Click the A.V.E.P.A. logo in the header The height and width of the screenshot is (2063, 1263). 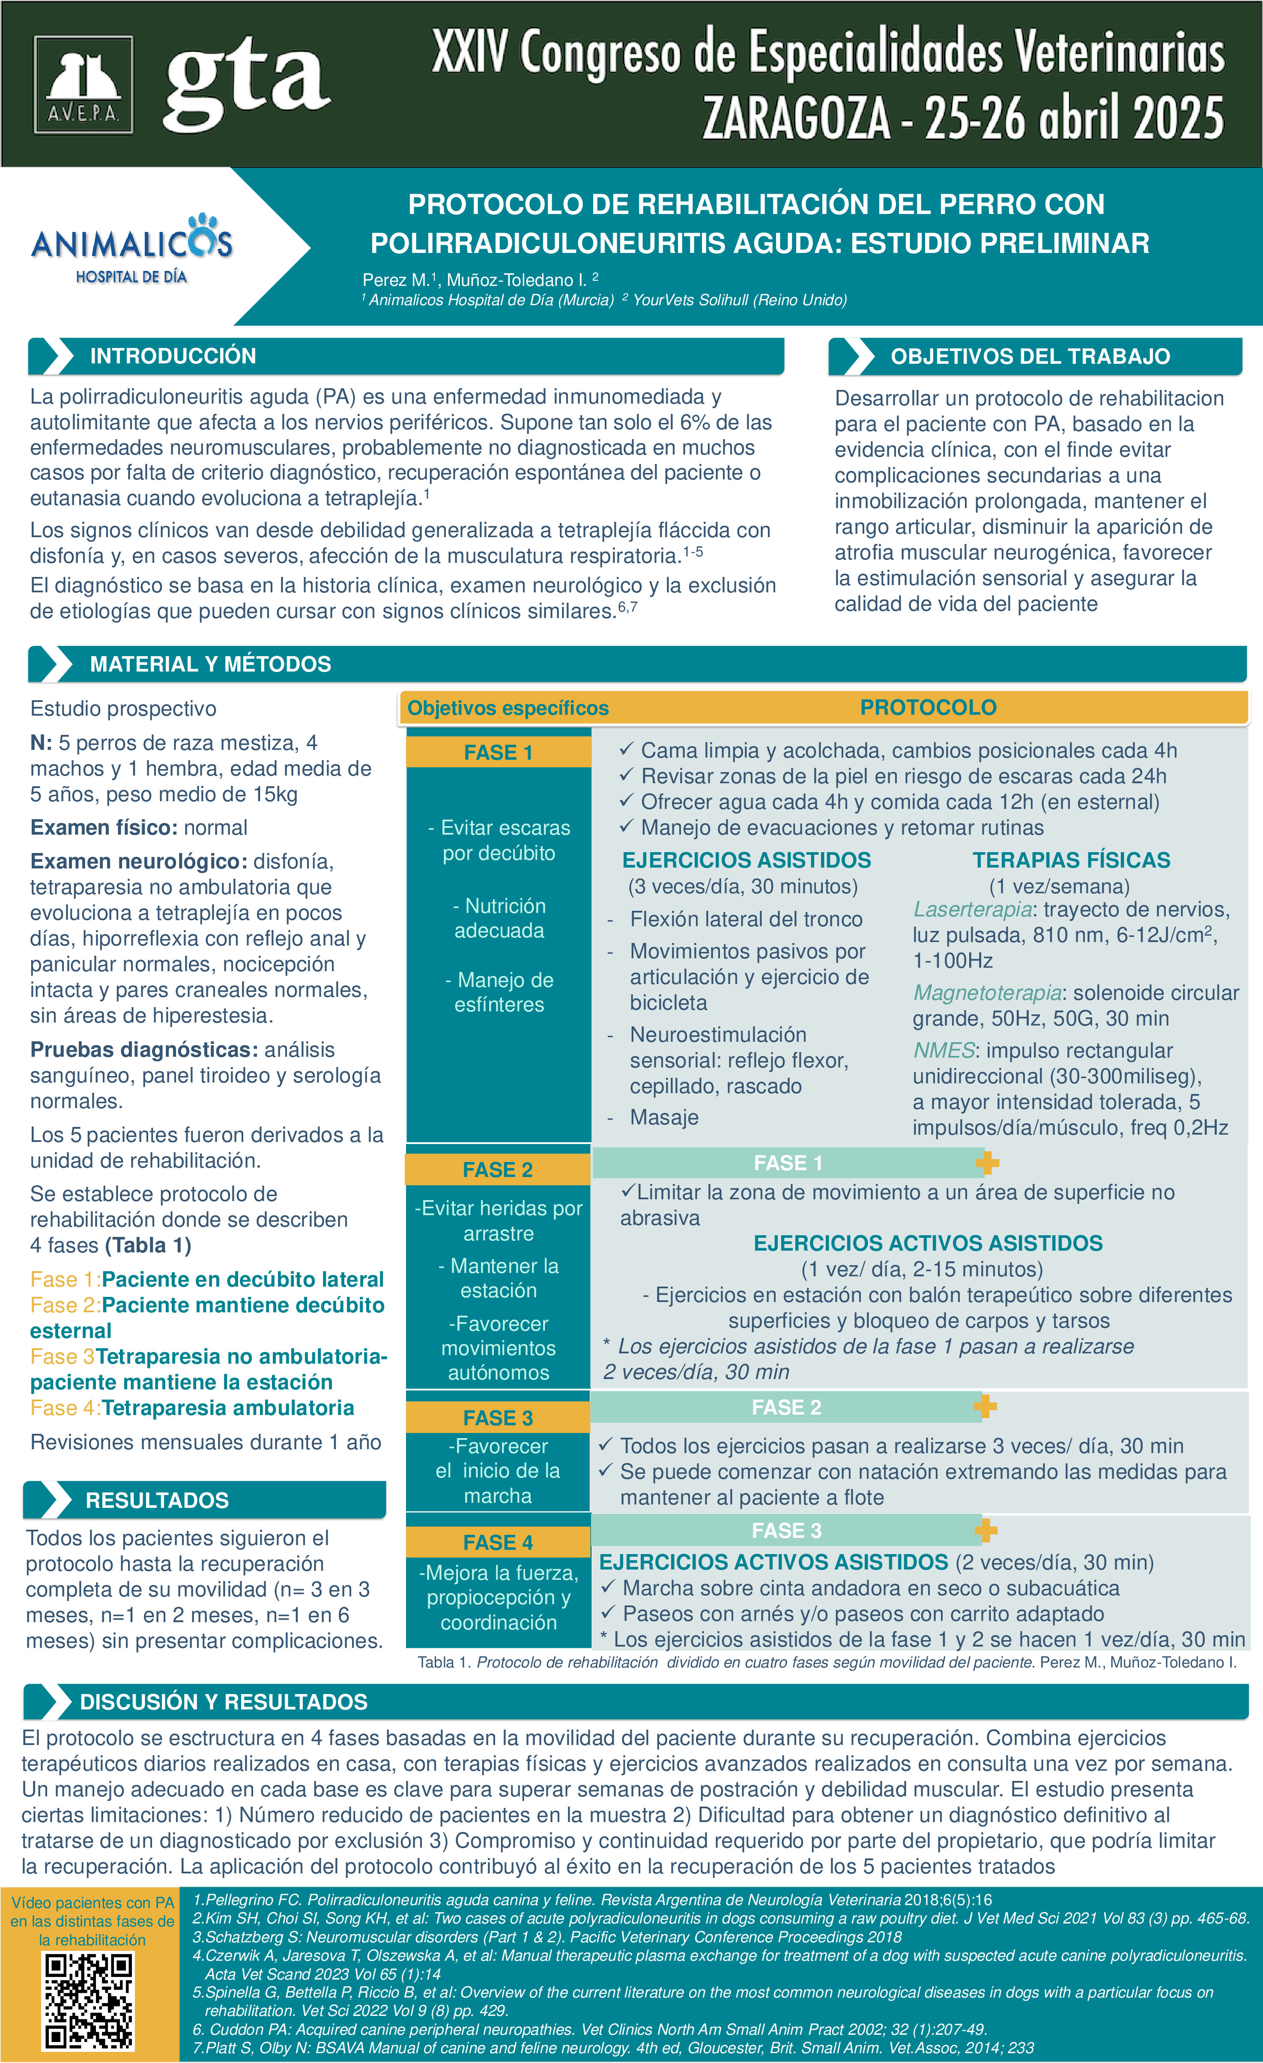point(83,85)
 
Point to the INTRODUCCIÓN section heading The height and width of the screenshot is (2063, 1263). point(173,356)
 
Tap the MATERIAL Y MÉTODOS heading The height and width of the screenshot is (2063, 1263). point(210,664)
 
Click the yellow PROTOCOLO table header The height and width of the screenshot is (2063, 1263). point(928,707)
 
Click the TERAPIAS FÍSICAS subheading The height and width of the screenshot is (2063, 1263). point(1071,860)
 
